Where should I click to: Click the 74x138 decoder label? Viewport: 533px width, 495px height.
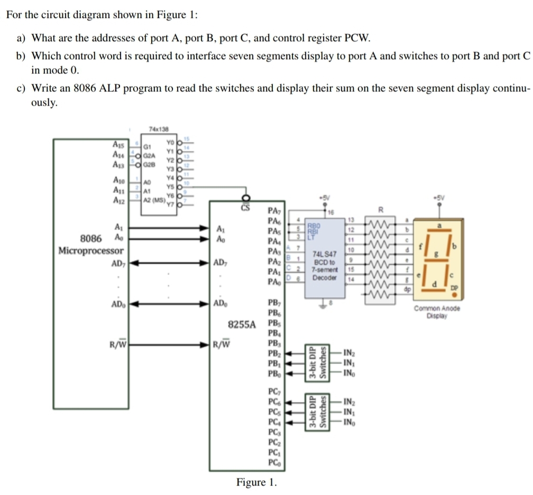tap(158, 129)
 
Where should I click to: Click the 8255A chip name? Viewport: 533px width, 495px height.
tap(241, 324)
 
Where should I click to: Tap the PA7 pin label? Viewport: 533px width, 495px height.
tap(275, 211)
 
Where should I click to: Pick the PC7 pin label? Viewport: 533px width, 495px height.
tap(274, 391)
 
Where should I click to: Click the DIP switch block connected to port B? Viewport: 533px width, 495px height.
tap(317, 363)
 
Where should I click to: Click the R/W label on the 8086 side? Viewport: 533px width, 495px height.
tap(117, 345)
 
